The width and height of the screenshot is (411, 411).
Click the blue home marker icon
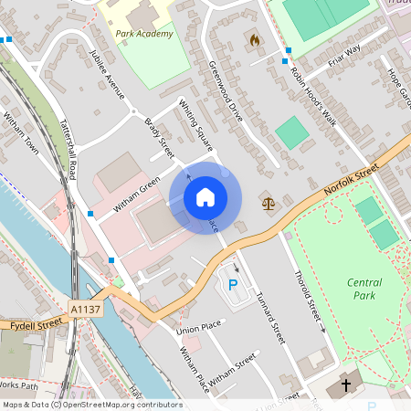(205, 196)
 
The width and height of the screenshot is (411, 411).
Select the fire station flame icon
(254, 40)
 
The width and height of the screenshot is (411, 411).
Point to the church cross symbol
(346, 385)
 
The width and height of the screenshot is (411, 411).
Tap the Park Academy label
(144, 34)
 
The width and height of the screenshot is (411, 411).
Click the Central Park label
(364, 289)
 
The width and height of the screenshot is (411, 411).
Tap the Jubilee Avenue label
(108, 75)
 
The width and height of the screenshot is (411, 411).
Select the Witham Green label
(137, 195)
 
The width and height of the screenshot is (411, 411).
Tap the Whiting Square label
(195, 124)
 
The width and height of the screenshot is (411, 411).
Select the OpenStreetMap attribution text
(91, 405)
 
